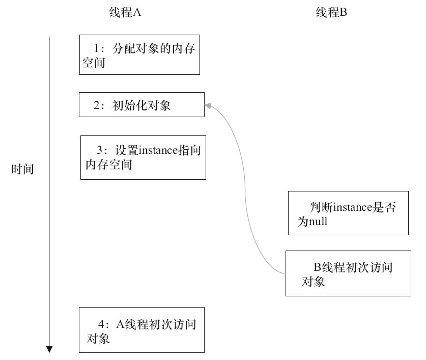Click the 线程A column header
point(125,14)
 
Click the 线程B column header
point(331,14)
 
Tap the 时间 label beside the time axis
point(22,170)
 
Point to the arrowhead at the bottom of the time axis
point(49,349)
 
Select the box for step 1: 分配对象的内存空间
point(139,55)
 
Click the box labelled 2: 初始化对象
point(141,104)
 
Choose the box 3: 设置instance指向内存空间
point(143,157)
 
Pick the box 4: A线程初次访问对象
point(141,329)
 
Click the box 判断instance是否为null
point(348,213)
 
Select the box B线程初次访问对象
point(348,273)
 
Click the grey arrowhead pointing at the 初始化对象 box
point(208,104)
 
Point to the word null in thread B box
point(318,221)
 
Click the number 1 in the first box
point(99,49)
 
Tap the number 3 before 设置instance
point(100,151)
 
